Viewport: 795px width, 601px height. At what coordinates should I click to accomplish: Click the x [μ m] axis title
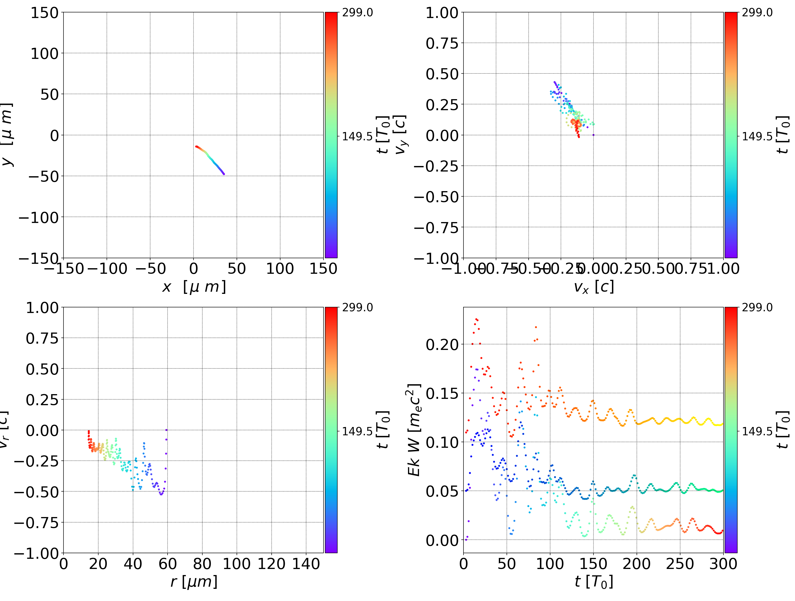coord(194,287)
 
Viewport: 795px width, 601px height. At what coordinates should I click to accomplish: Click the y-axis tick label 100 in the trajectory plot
coord(44,54)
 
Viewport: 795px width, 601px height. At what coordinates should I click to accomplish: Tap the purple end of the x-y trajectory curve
coord(224,174)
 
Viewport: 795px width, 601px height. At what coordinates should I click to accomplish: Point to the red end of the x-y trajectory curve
coord(196,146)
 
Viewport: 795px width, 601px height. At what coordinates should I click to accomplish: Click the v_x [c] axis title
coord(593,287)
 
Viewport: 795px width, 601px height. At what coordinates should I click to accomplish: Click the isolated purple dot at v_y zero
coord(593,135)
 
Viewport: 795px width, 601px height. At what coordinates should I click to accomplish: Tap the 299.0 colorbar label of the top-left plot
coord(357,13)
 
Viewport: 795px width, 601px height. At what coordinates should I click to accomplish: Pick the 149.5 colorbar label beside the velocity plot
coord(757,136)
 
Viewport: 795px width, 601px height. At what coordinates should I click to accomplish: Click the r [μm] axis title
coord(194,582)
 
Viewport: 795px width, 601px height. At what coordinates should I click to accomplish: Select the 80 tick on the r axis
coord(202,564)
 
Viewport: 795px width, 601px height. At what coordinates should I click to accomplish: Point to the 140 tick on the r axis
coord(306,564)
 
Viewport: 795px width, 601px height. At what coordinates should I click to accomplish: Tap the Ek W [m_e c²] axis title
coord(414,430)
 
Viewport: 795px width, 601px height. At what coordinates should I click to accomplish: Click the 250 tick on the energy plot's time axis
coord(680,564)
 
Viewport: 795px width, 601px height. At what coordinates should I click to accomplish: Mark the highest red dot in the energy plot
coord(476,319)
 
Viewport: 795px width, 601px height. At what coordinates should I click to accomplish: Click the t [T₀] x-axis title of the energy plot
coord(593,582)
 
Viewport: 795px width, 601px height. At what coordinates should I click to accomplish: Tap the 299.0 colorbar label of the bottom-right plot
coord(757,307)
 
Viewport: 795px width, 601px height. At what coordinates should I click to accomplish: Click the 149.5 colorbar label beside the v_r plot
coord(357,431)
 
